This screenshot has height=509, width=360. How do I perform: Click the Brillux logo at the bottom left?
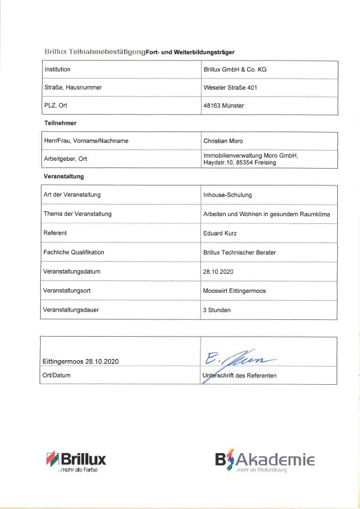click(76, 461)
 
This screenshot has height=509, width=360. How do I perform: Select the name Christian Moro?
click(223, 140)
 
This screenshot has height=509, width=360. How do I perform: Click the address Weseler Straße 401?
click(231, 88)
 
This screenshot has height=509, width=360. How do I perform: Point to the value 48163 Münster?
click(224, 106)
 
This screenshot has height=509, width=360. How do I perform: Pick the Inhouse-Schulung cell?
click(228, 195)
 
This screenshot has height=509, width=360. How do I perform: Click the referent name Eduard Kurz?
click(220, 233)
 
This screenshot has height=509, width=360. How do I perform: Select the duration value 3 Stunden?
click(217, 310)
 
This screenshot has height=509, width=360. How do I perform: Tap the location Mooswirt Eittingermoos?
click(235, 291)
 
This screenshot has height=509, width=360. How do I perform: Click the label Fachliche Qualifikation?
click(74, 252)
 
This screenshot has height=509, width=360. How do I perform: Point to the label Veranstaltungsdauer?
click(71, 310)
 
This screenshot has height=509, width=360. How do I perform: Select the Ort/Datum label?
click(56, 376)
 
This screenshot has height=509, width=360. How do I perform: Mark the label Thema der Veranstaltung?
click(77, 214)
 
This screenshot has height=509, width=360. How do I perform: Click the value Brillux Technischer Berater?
click(240, 252)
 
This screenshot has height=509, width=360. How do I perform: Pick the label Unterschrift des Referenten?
click(240, 376)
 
